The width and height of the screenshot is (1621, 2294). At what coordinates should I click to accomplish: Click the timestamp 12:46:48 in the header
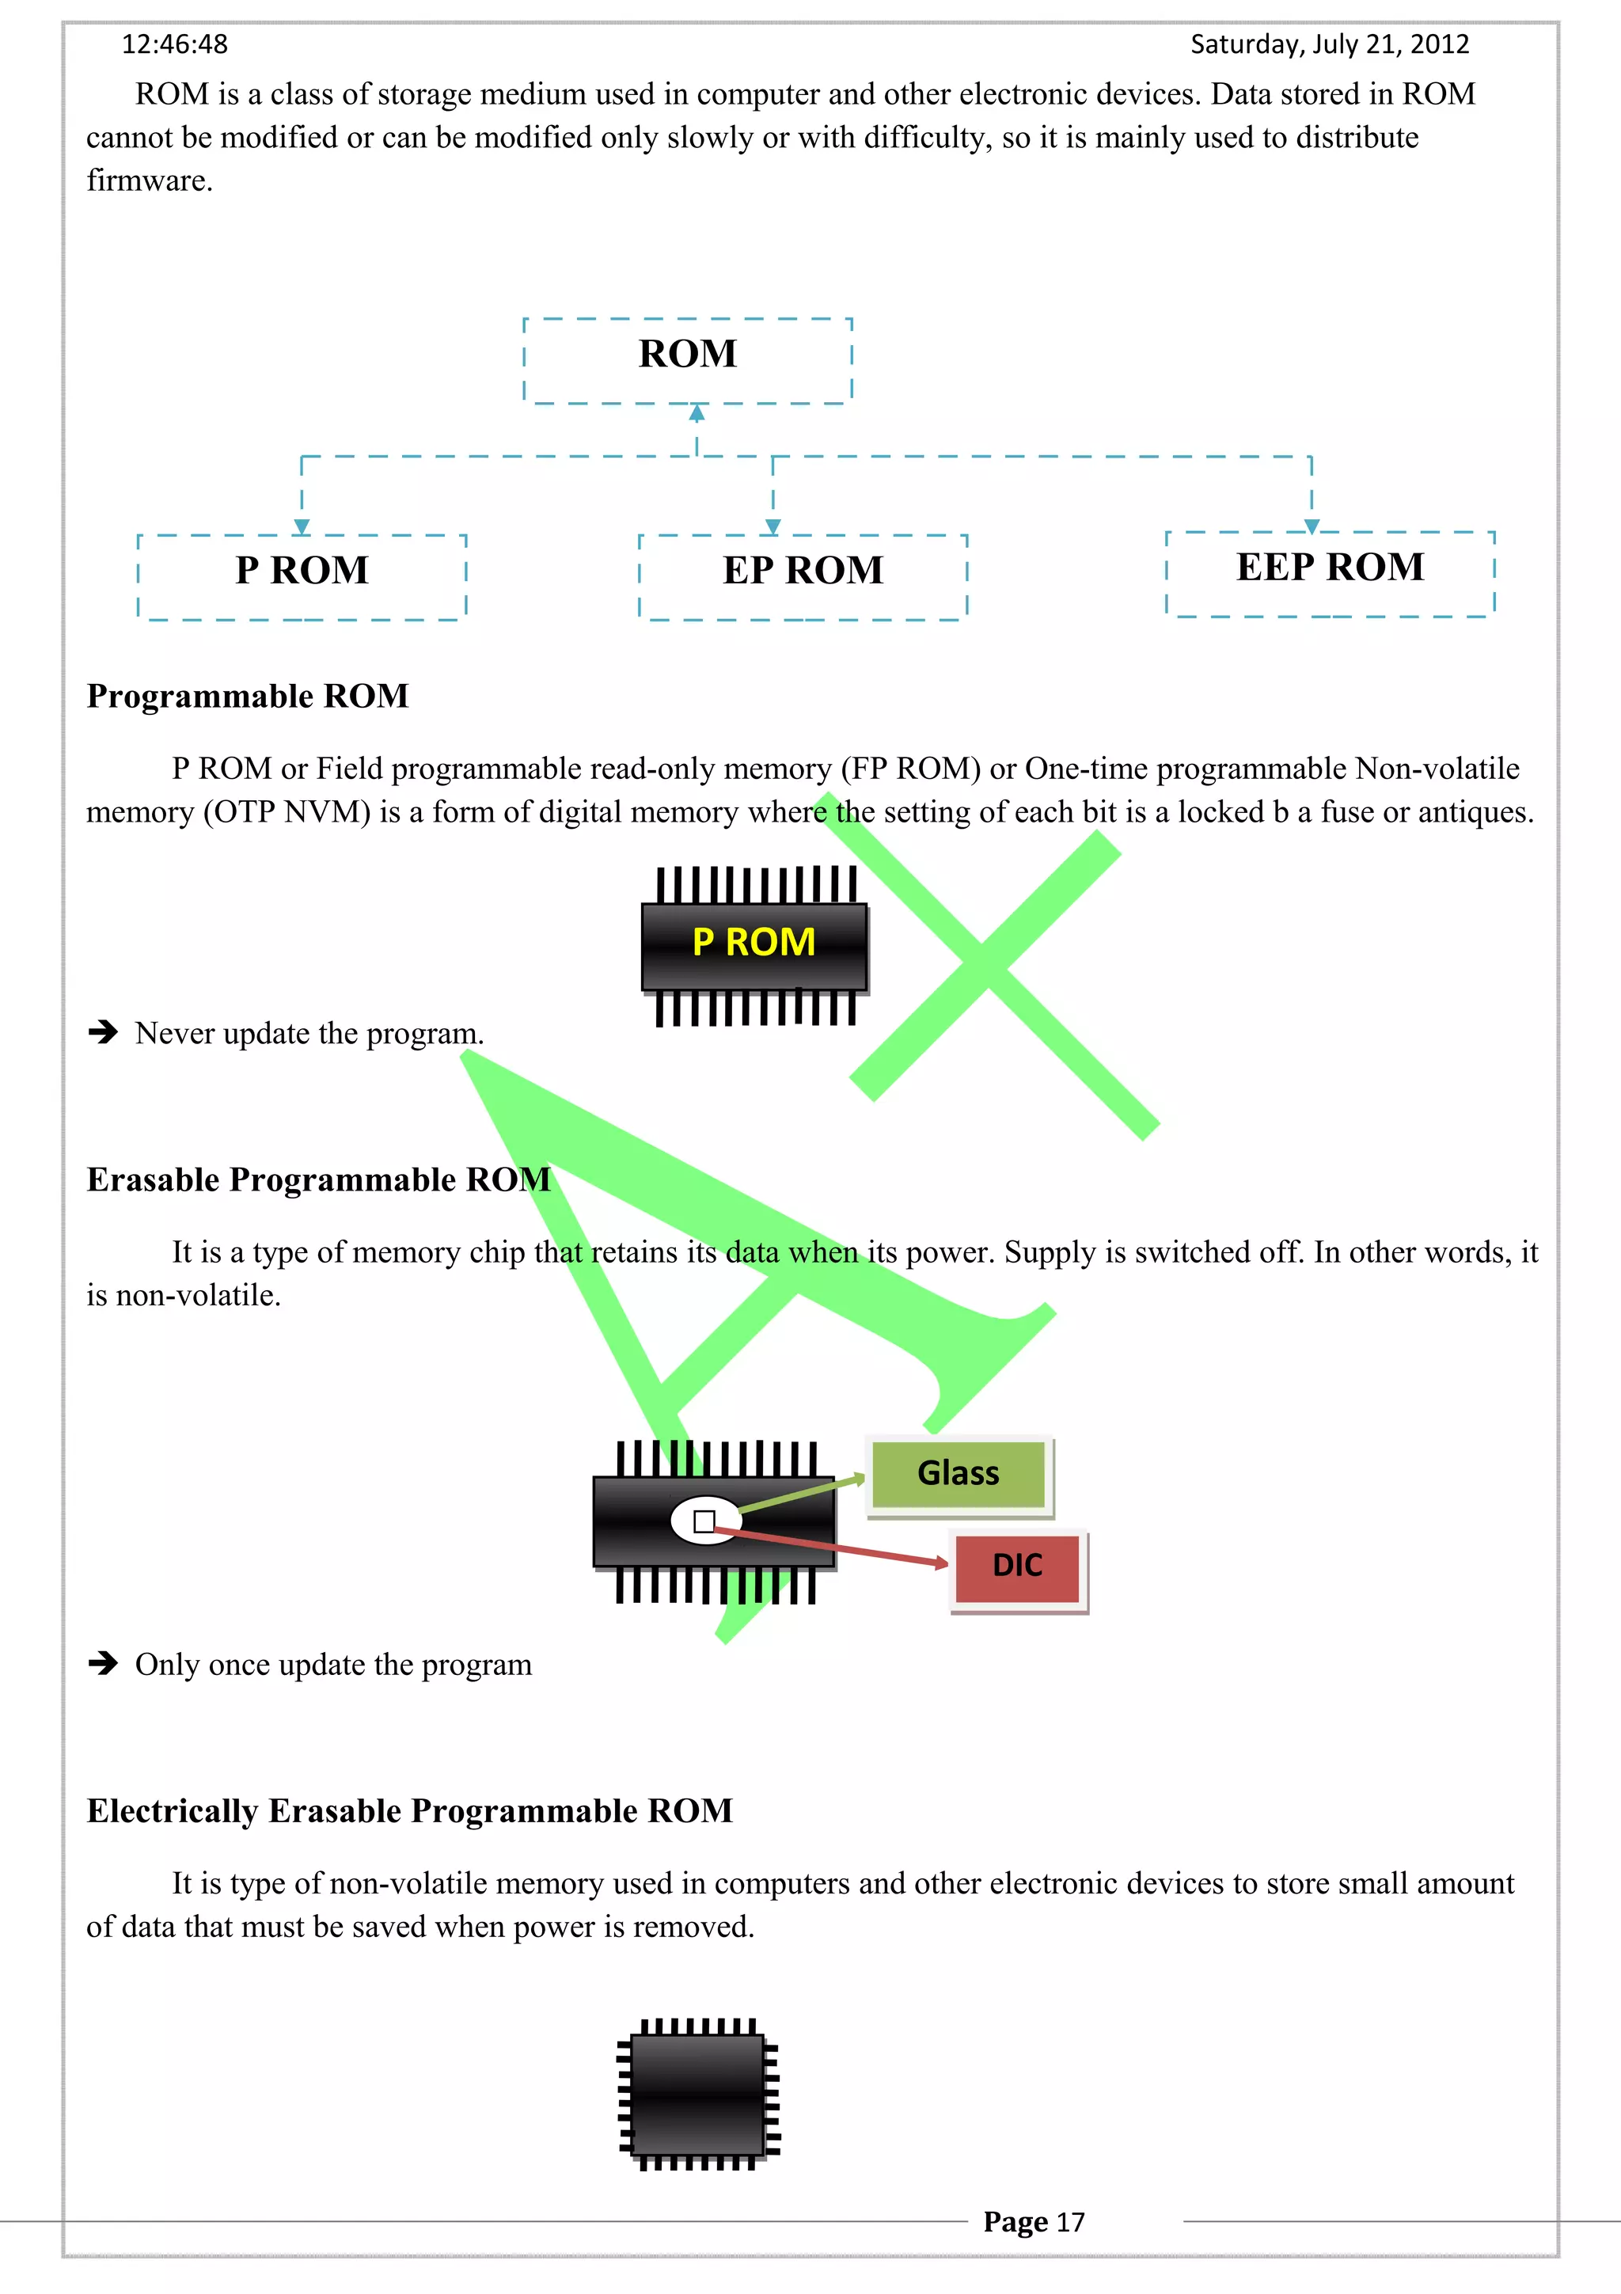175,44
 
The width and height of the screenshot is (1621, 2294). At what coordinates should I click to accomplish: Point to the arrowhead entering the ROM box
697,412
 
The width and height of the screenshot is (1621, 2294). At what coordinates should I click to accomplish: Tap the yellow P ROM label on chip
754,942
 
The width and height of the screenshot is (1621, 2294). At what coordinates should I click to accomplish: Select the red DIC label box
1017,1566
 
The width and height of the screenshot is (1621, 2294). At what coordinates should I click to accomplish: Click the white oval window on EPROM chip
705,1521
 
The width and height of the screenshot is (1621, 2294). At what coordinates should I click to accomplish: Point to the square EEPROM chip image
698,2095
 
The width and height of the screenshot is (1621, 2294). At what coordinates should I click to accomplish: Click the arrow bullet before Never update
103,1031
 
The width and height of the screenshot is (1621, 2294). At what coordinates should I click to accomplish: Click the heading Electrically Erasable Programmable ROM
409,1811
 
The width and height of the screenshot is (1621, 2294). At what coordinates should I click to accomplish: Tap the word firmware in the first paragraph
149,180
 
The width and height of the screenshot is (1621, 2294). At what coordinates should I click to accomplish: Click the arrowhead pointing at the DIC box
941,1563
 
